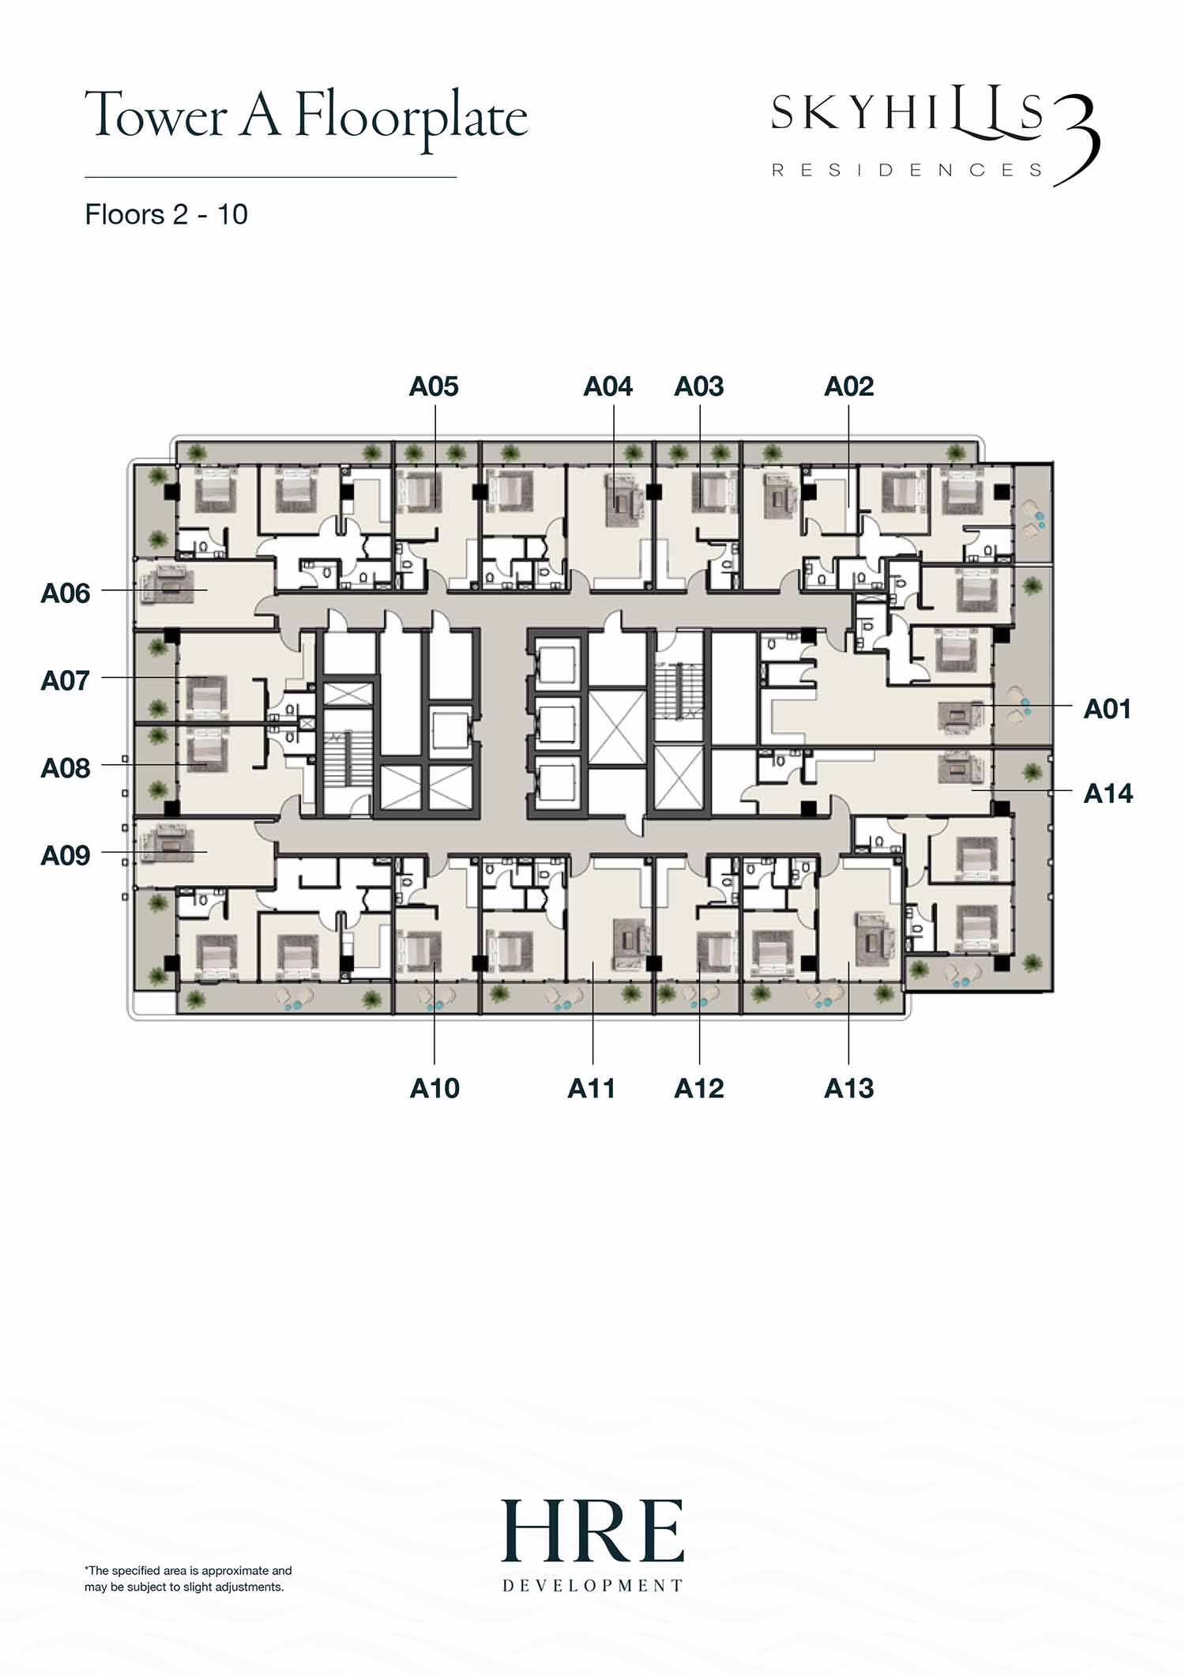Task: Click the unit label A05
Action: click(x=434, y=386)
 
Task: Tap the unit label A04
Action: click(x=608, y=386)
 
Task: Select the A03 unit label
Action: click(x=699, y=386)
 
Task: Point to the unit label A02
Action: click(x=849, y=386)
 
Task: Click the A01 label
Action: click(x=1108, y=709)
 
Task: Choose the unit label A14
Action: click(x=1108, y=793)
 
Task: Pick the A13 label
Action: click(x=849, y=1088)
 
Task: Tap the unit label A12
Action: click(x=699, y=1088)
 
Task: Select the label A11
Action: click(x=591, y=1088)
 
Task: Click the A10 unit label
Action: click(x=434, y=1088)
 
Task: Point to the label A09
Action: click(x=66, y=855)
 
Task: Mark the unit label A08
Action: click(x=66, y=767)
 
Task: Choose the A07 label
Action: click(x=66, y=680)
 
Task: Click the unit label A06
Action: click(x=66, y=593)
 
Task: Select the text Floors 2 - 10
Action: click(x=166, y=214)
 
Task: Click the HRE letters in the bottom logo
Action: click(x=592, y=1531)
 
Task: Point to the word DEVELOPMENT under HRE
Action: click(x=592, y=1585)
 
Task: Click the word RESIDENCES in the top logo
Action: click(x=907, y=170)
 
